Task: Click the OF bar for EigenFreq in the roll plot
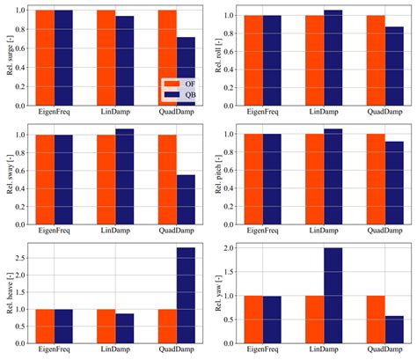252,60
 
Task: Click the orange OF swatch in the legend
171,82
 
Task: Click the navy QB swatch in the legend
171,93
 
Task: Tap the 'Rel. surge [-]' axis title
10,55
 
